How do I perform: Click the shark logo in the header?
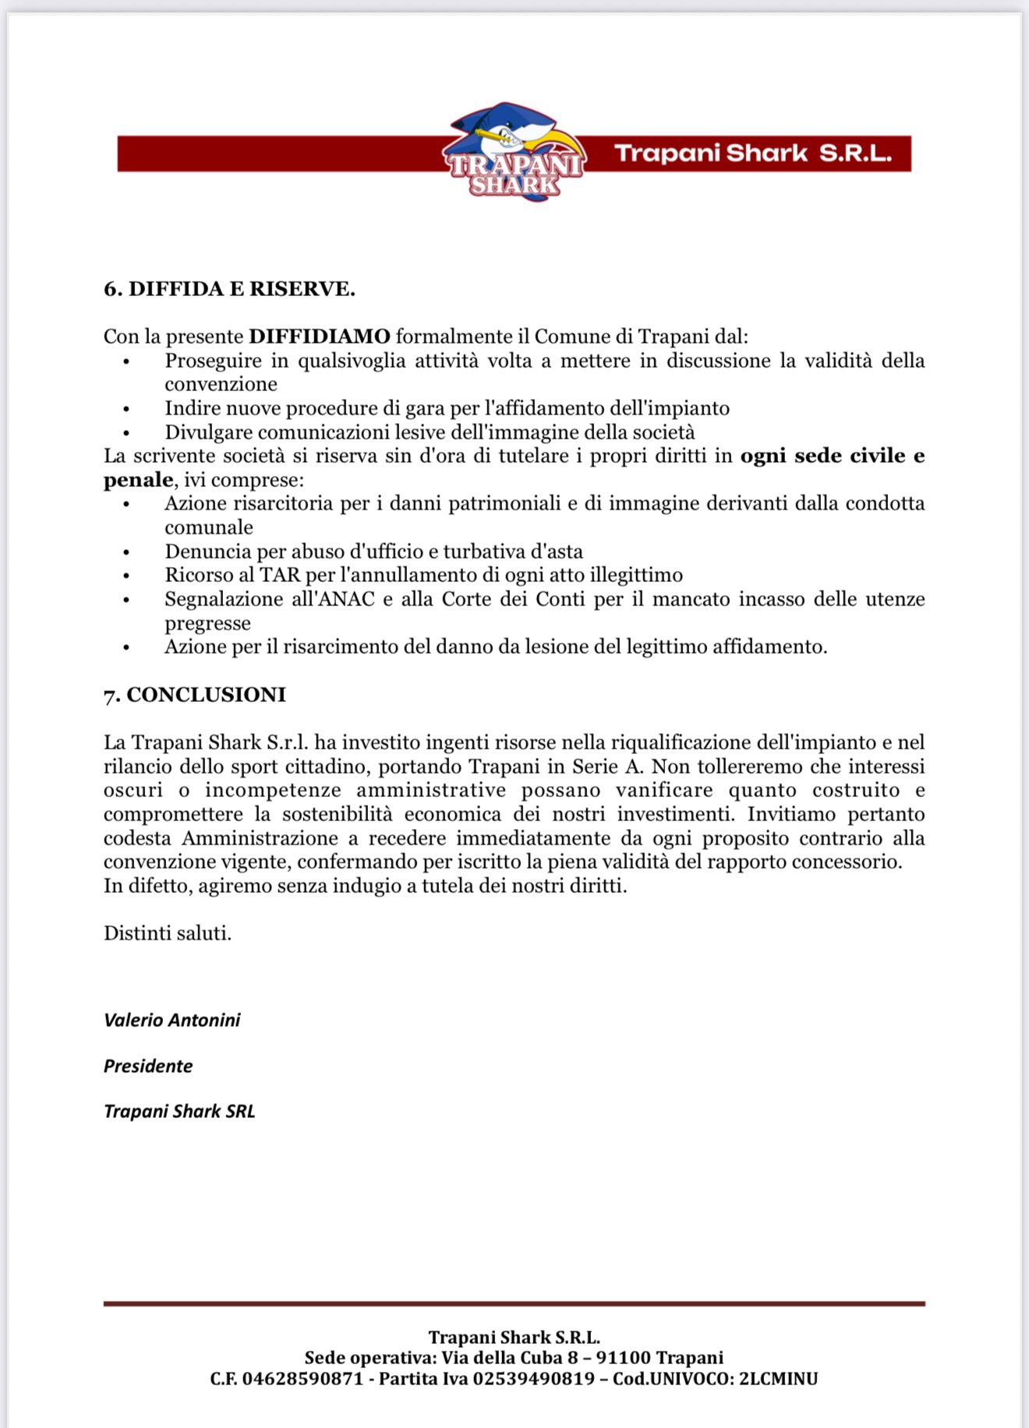[514, 152]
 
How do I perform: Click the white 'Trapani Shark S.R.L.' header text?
[752, 153]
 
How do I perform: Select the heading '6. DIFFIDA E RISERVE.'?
[229, 289]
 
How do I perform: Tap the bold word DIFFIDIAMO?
[319, 337]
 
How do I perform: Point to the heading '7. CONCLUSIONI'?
[194, 694]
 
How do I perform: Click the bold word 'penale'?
[138, 480]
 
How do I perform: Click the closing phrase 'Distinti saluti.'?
[168, 933]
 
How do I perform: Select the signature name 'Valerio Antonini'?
[171, 1020]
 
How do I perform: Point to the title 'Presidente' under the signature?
[148, 1066]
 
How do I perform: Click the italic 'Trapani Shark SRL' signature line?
[179, 1111]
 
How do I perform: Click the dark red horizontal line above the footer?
[514, 1303]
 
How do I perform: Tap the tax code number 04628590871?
[302, 1379]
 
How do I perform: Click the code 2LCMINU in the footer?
[778, 1379]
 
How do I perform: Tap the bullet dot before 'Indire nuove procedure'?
[127, 409]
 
